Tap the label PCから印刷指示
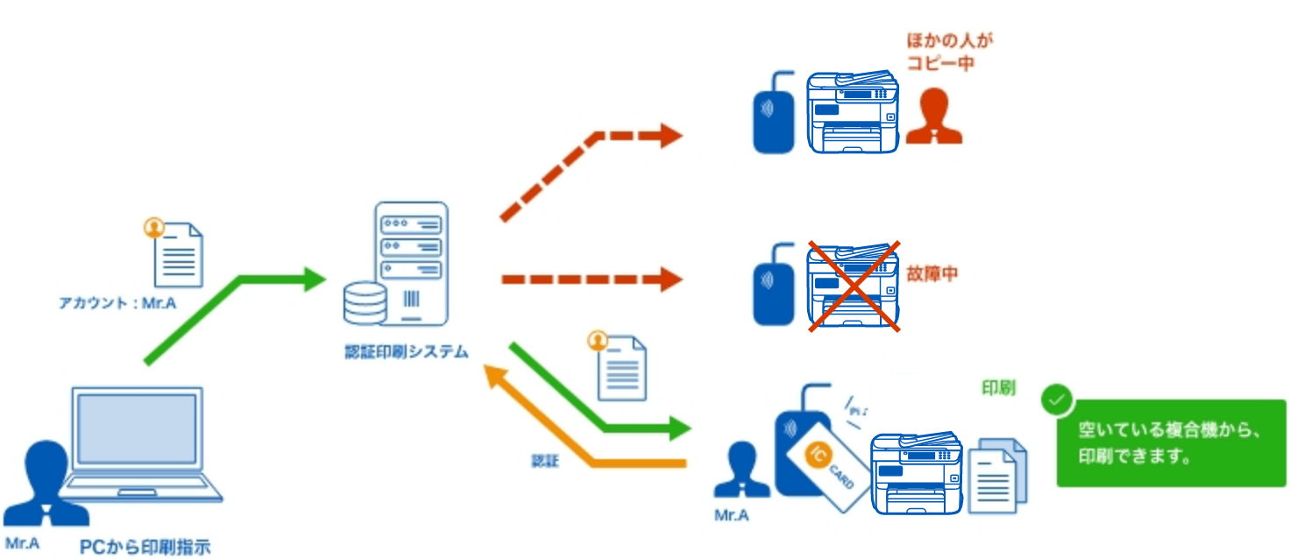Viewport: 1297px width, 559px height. coord(145,548)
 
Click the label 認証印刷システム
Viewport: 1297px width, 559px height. coord(406,352)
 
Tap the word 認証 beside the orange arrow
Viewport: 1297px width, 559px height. coord(544,461)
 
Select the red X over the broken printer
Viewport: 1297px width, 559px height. coord(854,286)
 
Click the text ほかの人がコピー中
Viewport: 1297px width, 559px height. coord(940,53)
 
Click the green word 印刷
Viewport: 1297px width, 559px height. coord(998,387)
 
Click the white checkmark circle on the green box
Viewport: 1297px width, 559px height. coord(1058,400)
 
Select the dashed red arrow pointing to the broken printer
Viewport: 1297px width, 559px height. coord(591,280)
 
